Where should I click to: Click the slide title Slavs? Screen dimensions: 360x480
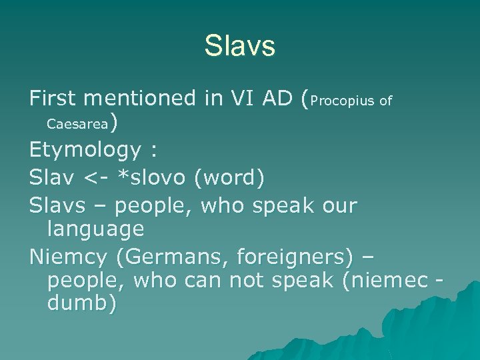(239, 47)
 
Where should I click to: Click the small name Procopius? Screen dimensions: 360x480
(342, 101)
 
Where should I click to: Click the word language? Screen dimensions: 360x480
(96, 229)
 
